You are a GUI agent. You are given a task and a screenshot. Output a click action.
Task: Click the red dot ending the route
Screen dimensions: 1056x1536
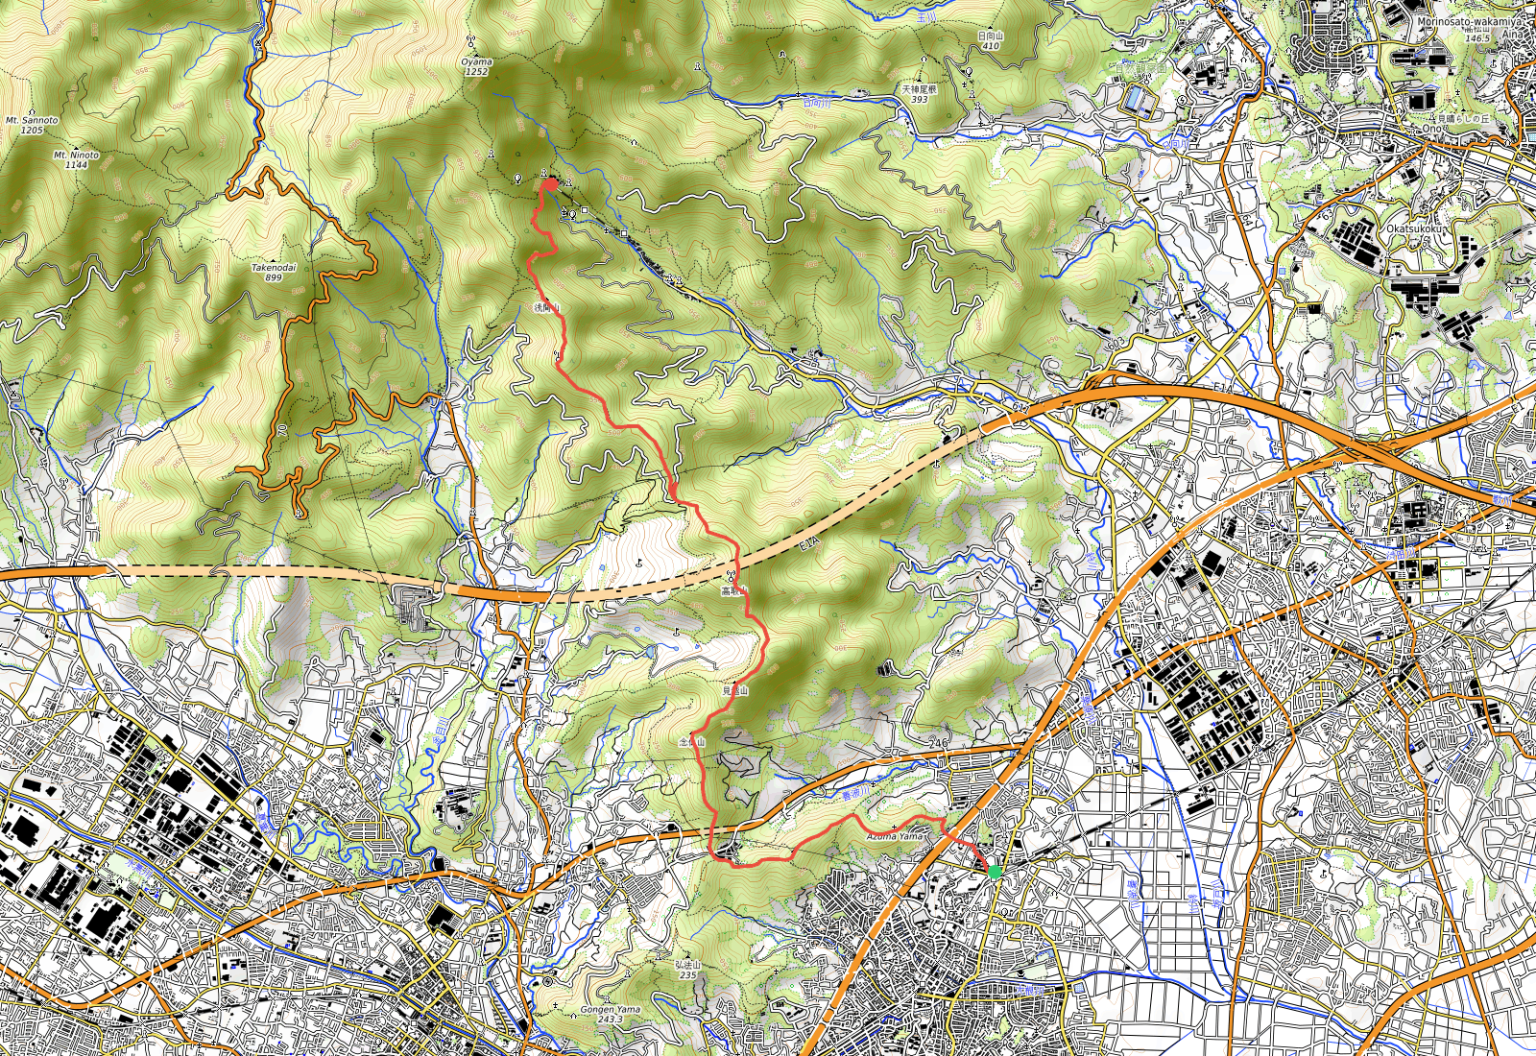[x=550, y=183]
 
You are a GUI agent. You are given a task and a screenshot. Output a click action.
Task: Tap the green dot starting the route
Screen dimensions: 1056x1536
[x=995, y=872]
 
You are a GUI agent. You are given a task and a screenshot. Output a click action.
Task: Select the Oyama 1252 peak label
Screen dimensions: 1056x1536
[x=476, y=66]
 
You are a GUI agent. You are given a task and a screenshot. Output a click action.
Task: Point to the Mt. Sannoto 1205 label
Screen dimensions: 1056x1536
[x=32, y=125]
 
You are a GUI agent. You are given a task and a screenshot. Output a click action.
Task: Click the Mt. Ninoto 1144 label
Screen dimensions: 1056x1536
[x=76, y=159]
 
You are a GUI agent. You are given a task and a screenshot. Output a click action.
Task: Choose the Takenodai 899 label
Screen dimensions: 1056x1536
[x=274, y=272]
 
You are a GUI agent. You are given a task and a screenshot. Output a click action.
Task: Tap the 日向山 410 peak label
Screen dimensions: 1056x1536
[x=990, y=40]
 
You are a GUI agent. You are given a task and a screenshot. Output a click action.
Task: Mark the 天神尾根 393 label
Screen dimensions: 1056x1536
[x=919, y=93]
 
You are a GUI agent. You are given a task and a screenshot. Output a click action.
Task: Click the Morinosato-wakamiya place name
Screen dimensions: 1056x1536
[x=1468, y=21]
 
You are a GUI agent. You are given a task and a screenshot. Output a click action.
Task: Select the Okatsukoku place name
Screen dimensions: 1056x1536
[x=1416, y=229]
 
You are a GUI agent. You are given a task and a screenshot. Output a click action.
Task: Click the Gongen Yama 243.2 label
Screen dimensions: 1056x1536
[x=610, y=1014]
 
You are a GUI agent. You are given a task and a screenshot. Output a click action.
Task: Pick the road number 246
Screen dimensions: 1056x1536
[x=938, y=744]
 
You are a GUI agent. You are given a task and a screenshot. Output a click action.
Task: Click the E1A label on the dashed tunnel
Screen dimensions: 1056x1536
[x=808, y=545]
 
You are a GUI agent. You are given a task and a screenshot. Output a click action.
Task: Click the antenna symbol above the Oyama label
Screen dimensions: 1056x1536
[x=470, y=41]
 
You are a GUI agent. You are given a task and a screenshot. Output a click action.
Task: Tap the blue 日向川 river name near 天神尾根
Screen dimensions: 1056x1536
[x=814, y=102]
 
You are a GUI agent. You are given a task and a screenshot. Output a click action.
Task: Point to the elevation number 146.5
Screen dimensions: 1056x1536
[x=1477, y=38]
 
